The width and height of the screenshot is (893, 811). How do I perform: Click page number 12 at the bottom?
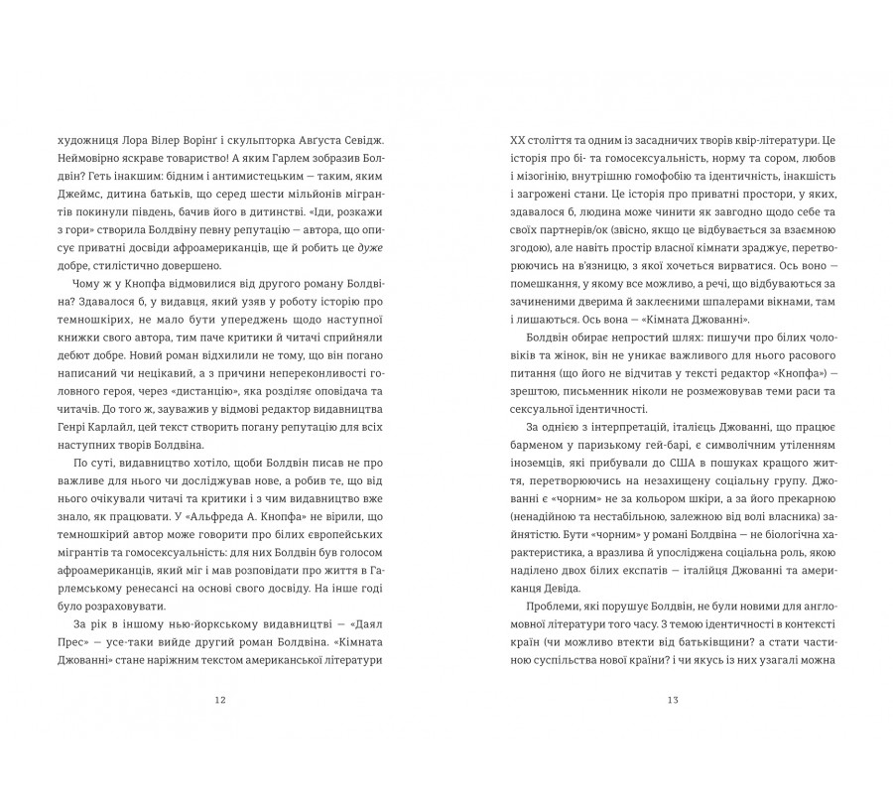220,699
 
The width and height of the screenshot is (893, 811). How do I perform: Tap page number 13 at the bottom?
672,699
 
